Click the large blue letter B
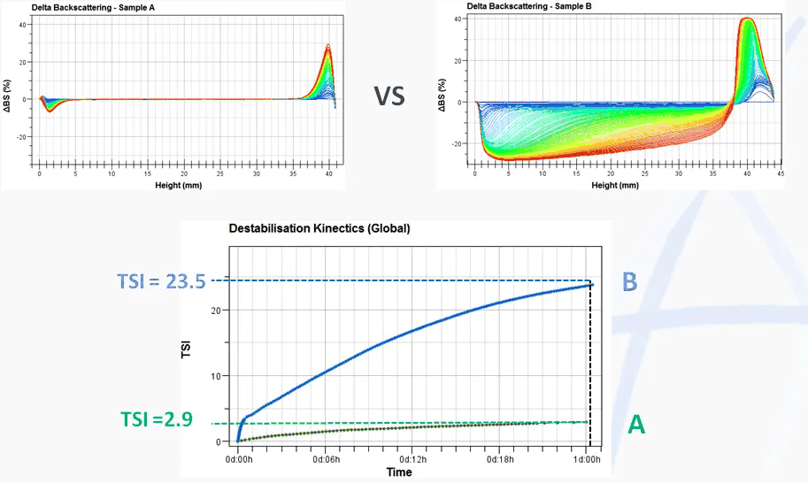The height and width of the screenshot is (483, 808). (x=630, y=281)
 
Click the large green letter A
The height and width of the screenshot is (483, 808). (x=635, y=425)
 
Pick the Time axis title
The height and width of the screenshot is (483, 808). (x=398, y=472)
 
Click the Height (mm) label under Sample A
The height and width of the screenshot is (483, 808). (x=184, y=184)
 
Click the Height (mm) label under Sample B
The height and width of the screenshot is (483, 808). (x=617, y=186)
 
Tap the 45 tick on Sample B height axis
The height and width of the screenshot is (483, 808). (x=781, y=175)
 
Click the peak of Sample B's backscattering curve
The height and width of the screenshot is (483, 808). (x=747, y=19)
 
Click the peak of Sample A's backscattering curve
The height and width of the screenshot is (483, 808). (x=327, y=45)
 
